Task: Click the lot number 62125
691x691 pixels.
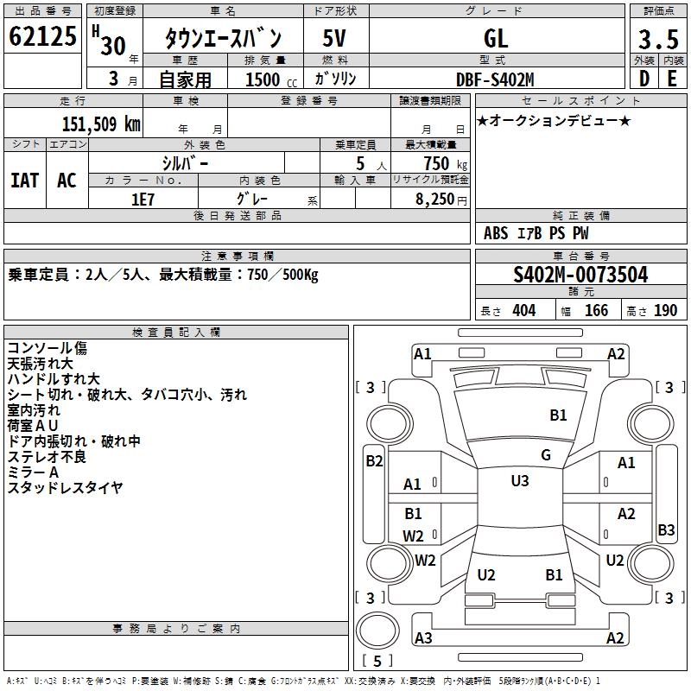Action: [42, 35]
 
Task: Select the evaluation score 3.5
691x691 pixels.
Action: [658, 39]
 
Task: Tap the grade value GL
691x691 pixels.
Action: [496, 38]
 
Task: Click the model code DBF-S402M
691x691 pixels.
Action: [495, 79]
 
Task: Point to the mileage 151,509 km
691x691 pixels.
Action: [101, 124]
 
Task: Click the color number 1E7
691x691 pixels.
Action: [143, 200]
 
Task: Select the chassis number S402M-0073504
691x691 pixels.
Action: [580, 275]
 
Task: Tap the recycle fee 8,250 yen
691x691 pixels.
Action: [441, 200]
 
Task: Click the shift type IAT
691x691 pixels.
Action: [25, 181]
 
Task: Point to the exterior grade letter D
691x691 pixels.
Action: [644, 79]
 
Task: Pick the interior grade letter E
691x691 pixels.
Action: [672, 79]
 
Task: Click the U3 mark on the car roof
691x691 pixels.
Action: [520, 480]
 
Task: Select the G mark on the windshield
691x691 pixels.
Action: [546, 455]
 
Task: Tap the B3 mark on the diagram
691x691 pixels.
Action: [666, 529]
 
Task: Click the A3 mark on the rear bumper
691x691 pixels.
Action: [423, 637]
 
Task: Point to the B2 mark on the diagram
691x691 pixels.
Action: [374, 461]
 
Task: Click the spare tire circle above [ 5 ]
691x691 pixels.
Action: [377, 631]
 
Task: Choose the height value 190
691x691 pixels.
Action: [665, 310]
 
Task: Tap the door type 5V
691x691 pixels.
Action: [334, 38]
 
